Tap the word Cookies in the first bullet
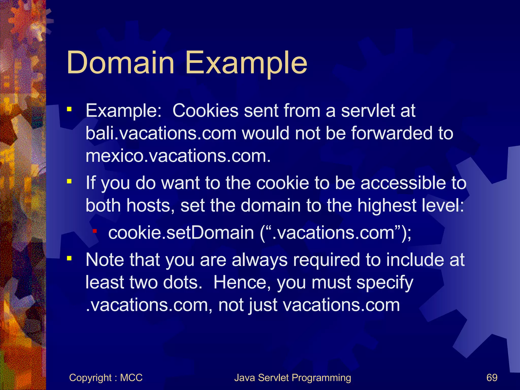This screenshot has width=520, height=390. (x=205, y=111)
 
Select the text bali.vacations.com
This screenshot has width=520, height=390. (x=161, y=133)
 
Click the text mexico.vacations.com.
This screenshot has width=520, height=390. (x=178, y=156)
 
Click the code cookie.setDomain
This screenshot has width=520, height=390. (x=181, y=233)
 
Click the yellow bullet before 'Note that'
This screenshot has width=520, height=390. (x=69, y=258)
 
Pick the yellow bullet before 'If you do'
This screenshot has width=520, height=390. (x=69, y=181)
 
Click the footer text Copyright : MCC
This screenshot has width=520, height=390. (x=106, y=378)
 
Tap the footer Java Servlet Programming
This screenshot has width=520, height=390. (x=292, y=378)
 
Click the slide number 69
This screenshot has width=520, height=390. (x=492, y=378)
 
